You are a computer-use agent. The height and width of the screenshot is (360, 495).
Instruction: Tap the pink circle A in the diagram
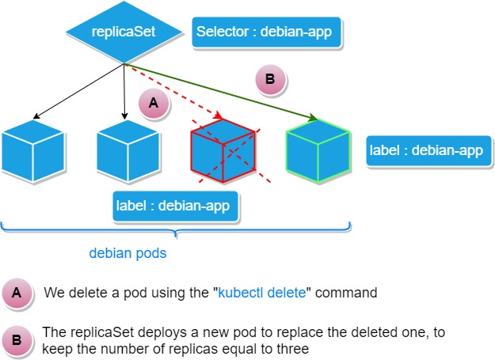pyautogui.click(x=154, y=104)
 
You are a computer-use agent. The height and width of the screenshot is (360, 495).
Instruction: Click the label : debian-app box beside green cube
pyautogui.click(x=425, y=150)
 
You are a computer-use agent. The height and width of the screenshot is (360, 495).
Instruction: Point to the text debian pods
pyautogui.click(x=127, y=256)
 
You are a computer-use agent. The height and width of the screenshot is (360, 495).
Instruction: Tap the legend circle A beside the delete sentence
pyautogui.click(x=18, y=293)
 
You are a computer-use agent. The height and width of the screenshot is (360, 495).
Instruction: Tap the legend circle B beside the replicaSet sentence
pyautogui.click(x=18, y=339)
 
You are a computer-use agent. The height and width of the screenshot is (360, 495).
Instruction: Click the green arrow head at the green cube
pyautogui.click(x=314, y=119)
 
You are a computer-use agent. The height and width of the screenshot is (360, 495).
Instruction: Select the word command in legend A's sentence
pyautogui.click(x=351, y=293)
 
